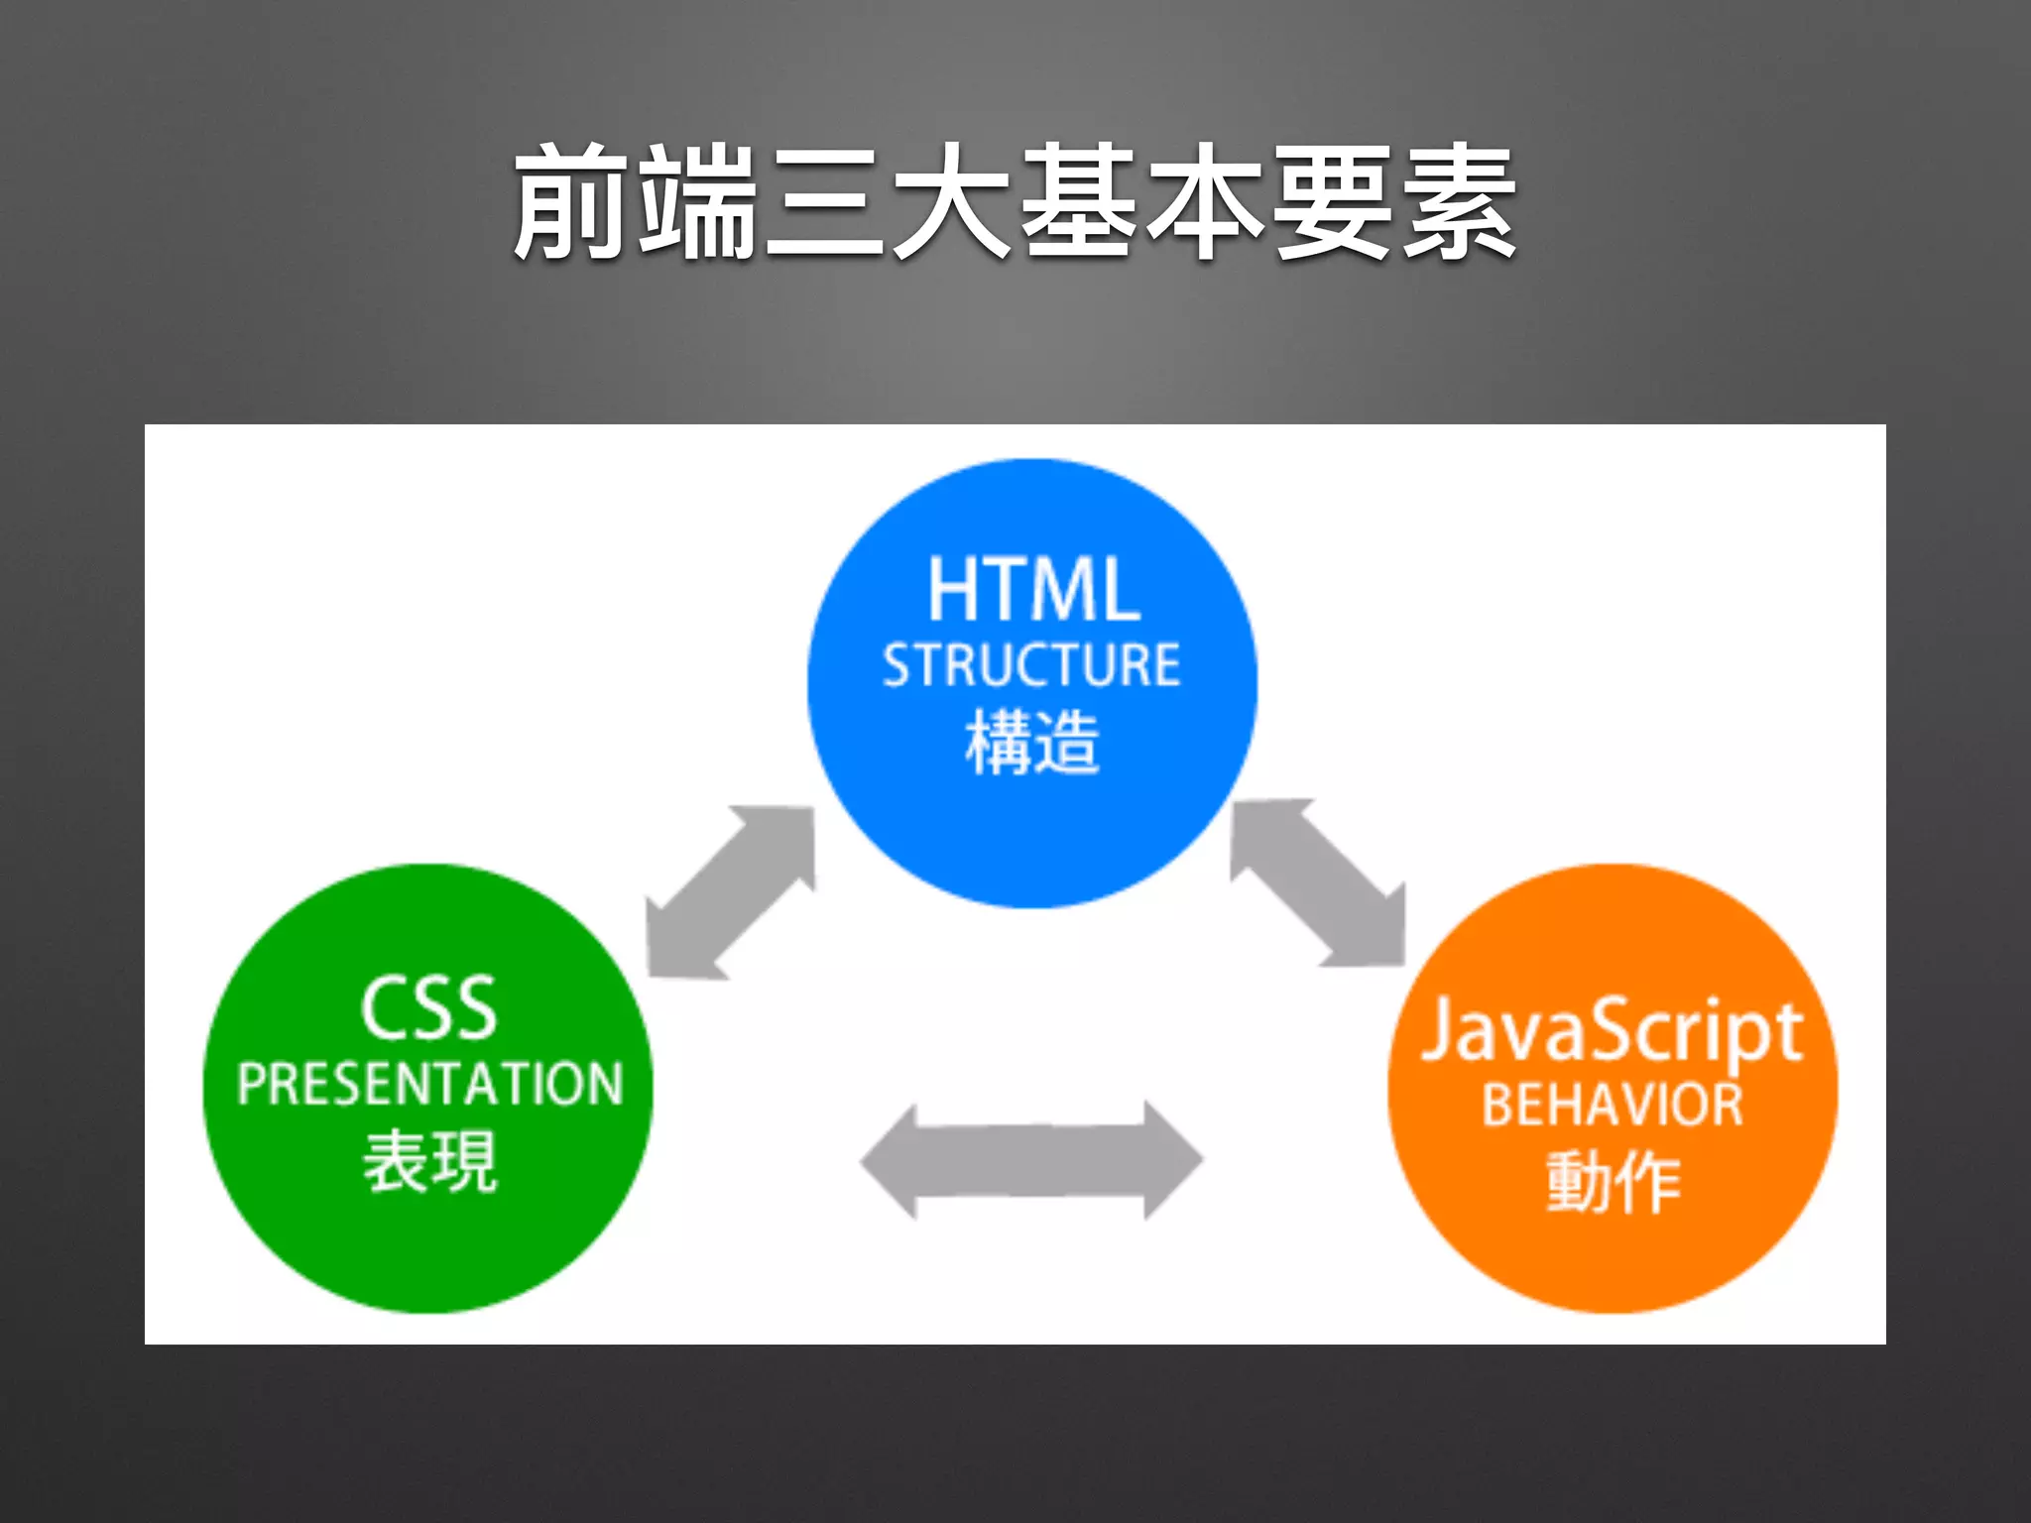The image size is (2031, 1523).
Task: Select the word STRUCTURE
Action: click(x=1031, y=665)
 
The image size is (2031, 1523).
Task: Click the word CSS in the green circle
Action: click(x=428, y=1008)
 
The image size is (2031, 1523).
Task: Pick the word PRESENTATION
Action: click(x=429, y=1083)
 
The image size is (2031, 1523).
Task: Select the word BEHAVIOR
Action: click(x=1612, y=1105)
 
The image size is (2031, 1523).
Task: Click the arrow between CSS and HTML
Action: click(x=731, y=892)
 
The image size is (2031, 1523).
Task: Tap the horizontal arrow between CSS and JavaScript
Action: click(x=1031, y=1159)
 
